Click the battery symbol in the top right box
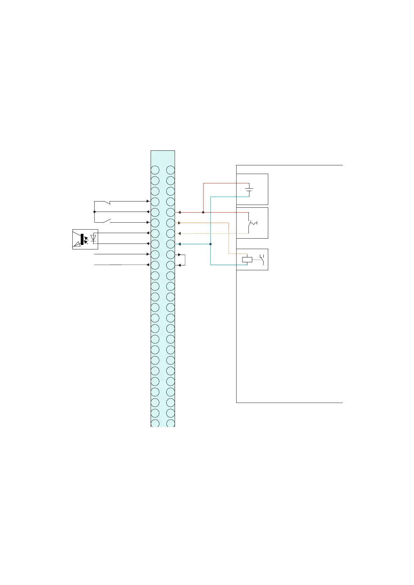[249, 190]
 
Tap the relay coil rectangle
[247, 259]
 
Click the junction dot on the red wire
[203, 212]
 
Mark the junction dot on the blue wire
[210, 244]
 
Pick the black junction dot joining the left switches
[94, 212]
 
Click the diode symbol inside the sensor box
[93, 238]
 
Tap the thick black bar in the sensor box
[82, 239]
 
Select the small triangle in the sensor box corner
[77, 245]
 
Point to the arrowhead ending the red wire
[180, 212]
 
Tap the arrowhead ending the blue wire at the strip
[180, 244]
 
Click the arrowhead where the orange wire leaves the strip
[180, 223]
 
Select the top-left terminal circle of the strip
[155, 170]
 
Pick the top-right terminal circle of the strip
[170, 170]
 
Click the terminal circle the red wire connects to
[170, 212]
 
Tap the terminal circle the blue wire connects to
[170, 244]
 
